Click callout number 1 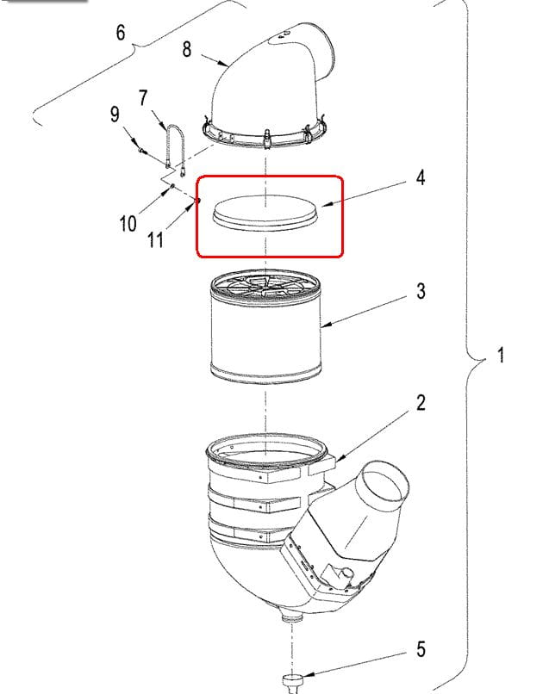coord(501,355)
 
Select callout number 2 coord(421,403)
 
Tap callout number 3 coord(421,291)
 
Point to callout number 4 coord(420,177)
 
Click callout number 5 coord(421,649)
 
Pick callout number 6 coord(121,33)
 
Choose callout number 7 coord(143,98)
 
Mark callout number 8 coord(186,49)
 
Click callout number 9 coord(115,115)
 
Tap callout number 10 coord(128,223)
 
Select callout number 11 coord(155,240)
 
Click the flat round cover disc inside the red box coord(265,213)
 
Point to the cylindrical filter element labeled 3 coord(265,326)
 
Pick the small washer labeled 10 coord(172,186)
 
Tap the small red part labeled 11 coord(197,201)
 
